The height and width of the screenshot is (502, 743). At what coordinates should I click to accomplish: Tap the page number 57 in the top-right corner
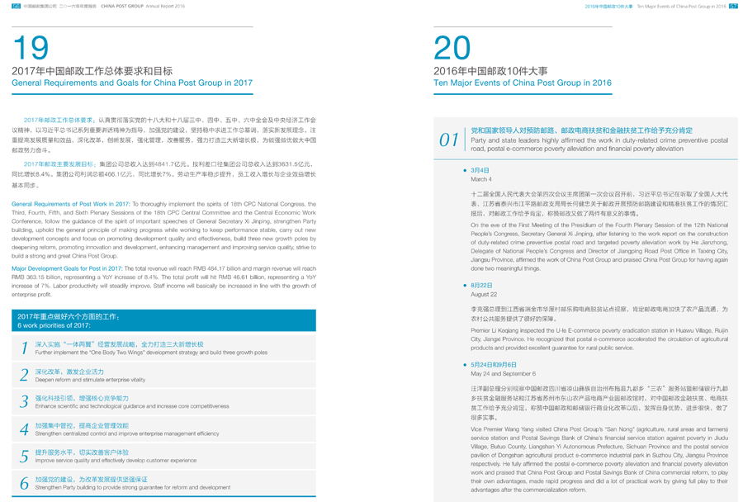click(733, 5)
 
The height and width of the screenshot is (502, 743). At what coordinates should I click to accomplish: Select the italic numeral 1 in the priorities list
click(25, 348)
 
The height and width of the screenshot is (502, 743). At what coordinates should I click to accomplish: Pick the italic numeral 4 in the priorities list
click(25, 429)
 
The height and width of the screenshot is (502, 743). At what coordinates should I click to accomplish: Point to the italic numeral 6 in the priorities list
click(25, 483)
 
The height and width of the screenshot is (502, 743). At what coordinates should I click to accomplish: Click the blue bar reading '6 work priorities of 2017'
click(163, 320)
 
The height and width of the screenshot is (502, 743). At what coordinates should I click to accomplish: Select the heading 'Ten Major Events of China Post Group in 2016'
click(522, 83)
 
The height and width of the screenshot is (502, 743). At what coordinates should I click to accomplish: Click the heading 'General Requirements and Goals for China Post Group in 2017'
click(132, 83)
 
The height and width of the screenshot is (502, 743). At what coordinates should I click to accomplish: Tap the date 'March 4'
click(480, 179)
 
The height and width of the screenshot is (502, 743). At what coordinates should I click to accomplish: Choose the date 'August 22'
click(483, 294)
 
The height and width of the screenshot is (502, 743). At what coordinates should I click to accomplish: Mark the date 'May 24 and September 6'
click(503, 373)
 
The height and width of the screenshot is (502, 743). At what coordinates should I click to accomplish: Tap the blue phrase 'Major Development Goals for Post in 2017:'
click(66, 268)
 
